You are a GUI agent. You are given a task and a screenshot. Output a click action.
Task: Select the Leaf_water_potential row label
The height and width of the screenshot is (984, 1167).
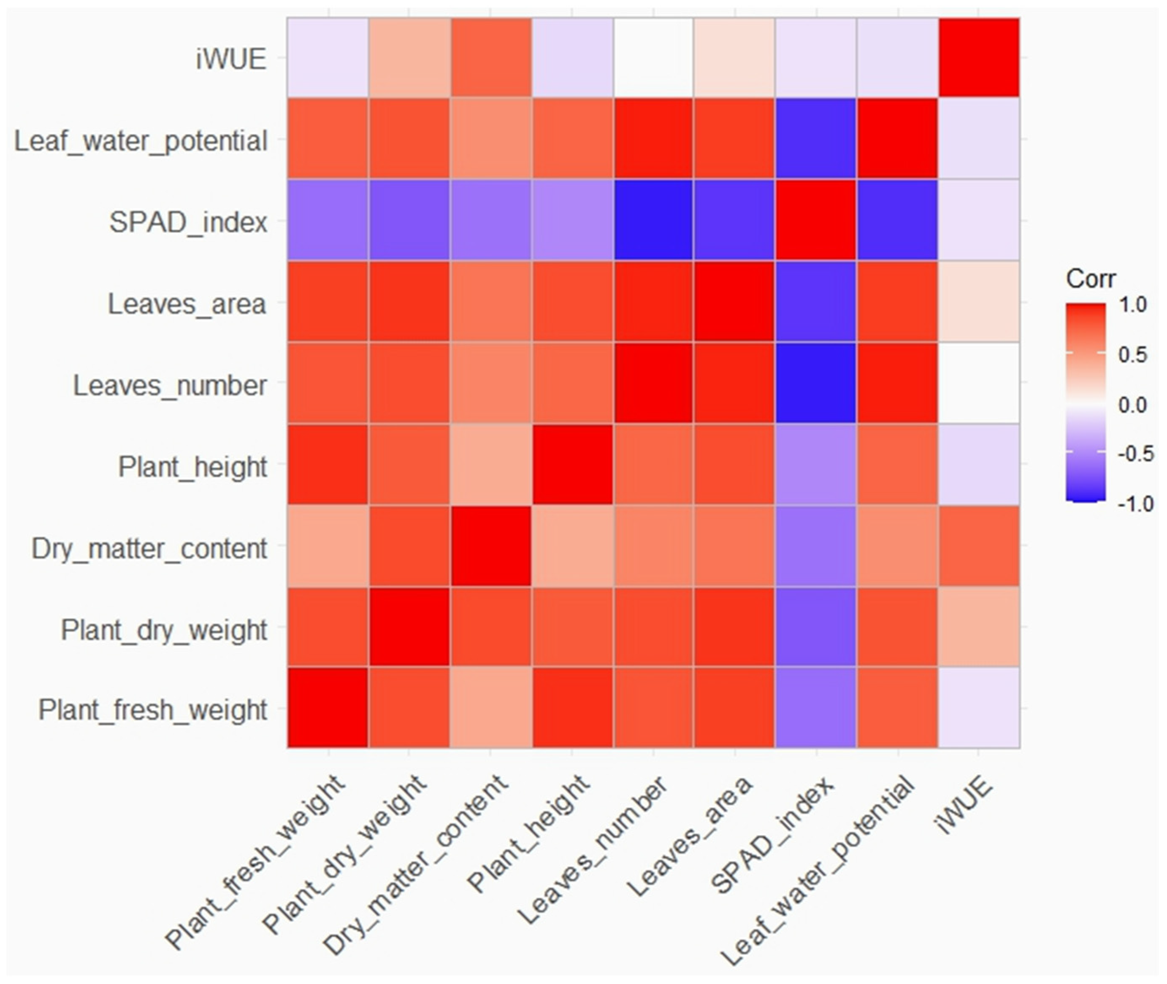click(141, 140)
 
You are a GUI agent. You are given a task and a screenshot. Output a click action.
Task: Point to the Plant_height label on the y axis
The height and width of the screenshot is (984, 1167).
click(192, 466)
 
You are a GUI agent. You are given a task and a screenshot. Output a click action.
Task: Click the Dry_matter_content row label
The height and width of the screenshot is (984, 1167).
click(149, 548)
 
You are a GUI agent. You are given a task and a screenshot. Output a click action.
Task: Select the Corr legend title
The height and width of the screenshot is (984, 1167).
click(1091, 278)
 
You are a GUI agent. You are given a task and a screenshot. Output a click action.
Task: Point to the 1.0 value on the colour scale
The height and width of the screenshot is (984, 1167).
click(1132, 305)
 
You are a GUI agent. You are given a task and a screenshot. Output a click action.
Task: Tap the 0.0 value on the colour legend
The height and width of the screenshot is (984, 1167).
click(1132, 404)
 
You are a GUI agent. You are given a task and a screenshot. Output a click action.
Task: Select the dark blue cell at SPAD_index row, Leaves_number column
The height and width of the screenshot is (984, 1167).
click(653, 220)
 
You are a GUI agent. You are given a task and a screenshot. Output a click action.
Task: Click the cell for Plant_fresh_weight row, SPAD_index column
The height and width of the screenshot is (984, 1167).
click(816, 707)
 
